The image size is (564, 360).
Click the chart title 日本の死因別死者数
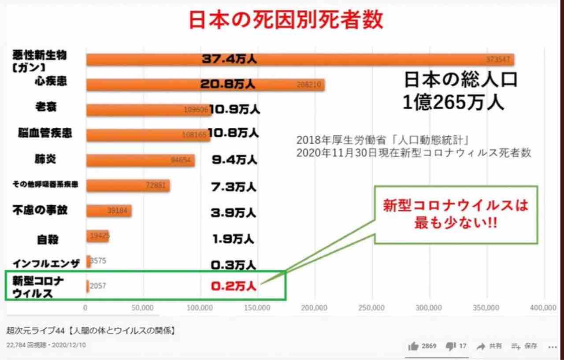click(x=286, y=19)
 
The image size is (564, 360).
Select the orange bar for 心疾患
click(x=205, y=85)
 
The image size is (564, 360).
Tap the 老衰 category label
click(x=46, y=107)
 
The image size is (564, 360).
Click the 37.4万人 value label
click(x=229, y=59)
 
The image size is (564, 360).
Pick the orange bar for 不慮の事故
click(x=109, y=211)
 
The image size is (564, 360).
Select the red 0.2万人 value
click(x=234, y=286)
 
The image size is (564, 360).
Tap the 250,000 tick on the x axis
click(x=372, y=308)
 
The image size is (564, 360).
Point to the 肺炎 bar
click(x=140, y=160)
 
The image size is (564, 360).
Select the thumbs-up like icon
click(x=413, y=346)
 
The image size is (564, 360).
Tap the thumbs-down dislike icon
click(x=450, y=346)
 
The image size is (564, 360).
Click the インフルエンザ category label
click(x=46, y=264)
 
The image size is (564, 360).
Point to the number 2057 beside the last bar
click(x=98, y=286)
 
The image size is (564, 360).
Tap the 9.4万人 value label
click(x=234, y=160)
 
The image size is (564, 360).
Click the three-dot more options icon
click(x=553, y=346)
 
